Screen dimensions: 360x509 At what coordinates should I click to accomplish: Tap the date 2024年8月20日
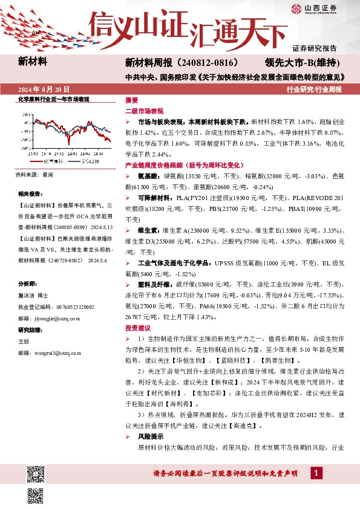pos(45,89)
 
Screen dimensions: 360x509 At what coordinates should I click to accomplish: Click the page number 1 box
pos(316,472)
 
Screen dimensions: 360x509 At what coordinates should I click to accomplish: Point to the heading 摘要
pos(131,100)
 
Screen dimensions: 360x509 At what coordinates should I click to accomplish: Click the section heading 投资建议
pos(136,327)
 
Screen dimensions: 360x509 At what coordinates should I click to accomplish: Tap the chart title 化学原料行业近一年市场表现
pos(53,99)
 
